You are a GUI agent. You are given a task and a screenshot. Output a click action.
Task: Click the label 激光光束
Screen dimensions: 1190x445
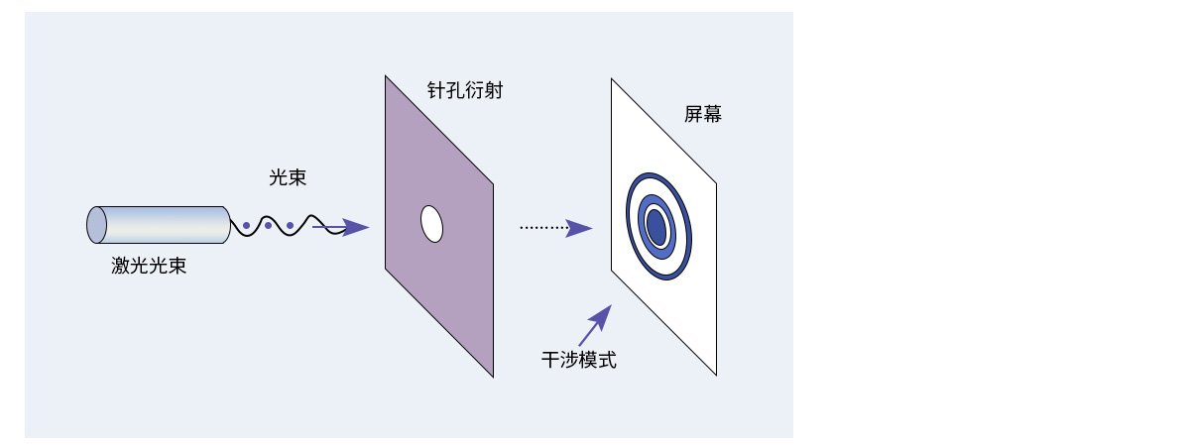149,266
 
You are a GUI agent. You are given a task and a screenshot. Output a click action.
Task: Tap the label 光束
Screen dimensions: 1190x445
288,177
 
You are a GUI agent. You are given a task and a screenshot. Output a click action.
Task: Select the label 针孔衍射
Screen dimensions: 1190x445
465,90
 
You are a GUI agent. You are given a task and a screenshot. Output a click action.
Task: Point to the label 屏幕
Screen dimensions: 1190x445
703,114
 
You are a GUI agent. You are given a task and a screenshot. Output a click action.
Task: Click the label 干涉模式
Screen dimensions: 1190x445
579,360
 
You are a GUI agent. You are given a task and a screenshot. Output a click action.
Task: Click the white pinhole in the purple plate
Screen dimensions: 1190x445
432,224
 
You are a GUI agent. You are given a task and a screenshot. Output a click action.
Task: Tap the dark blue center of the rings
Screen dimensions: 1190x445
657,227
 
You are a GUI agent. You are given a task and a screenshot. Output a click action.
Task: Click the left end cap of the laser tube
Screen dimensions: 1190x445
97,225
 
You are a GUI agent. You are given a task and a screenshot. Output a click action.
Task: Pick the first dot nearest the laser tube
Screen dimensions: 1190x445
247,226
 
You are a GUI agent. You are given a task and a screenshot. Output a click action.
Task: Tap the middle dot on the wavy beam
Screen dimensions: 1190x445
269,226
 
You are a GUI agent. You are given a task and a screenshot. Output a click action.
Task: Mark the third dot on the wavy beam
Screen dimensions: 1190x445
290,226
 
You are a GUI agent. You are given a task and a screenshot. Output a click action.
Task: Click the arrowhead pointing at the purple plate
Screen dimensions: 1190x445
355,227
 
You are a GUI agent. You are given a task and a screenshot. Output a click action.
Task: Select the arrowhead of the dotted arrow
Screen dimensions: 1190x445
578,228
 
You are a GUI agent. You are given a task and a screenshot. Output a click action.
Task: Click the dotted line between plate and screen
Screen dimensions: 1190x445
544,228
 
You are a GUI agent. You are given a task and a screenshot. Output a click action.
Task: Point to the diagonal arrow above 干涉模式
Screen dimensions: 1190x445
595,325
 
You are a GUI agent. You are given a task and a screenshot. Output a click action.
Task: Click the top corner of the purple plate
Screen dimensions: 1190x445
386,76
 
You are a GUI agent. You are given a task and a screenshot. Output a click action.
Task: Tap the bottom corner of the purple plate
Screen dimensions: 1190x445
493,377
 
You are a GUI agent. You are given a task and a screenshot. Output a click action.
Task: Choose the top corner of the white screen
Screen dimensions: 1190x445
612,79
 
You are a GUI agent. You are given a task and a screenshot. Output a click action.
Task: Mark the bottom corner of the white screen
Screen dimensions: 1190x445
716,375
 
